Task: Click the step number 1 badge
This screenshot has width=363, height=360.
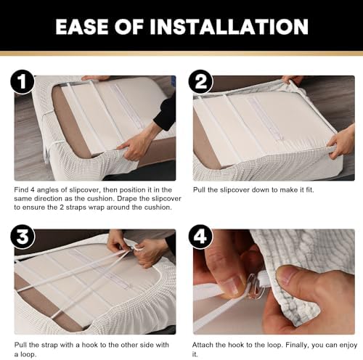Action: click(23, 81)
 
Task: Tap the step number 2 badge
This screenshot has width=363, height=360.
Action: click(200, 81)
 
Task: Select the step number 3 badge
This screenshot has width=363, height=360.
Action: click(23, 237)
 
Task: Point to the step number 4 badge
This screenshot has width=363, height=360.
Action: click(200, 237)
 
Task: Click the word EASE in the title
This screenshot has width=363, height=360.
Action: click(83, 27)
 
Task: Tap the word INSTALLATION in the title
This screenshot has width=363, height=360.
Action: click(229, 27)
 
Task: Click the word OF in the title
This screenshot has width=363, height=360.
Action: click(129, 27)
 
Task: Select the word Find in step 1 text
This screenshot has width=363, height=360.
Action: click(21, 189)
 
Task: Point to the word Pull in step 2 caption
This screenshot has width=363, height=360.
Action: click(199, 189)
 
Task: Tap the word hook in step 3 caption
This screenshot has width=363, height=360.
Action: click(89, 345)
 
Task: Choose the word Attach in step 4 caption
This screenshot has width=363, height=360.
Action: click(202, 345)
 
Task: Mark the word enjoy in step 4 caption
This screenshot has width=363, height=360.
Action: click(348, 345)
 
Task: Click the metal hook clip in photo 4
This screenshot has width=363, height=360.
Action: click(255, 287)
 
